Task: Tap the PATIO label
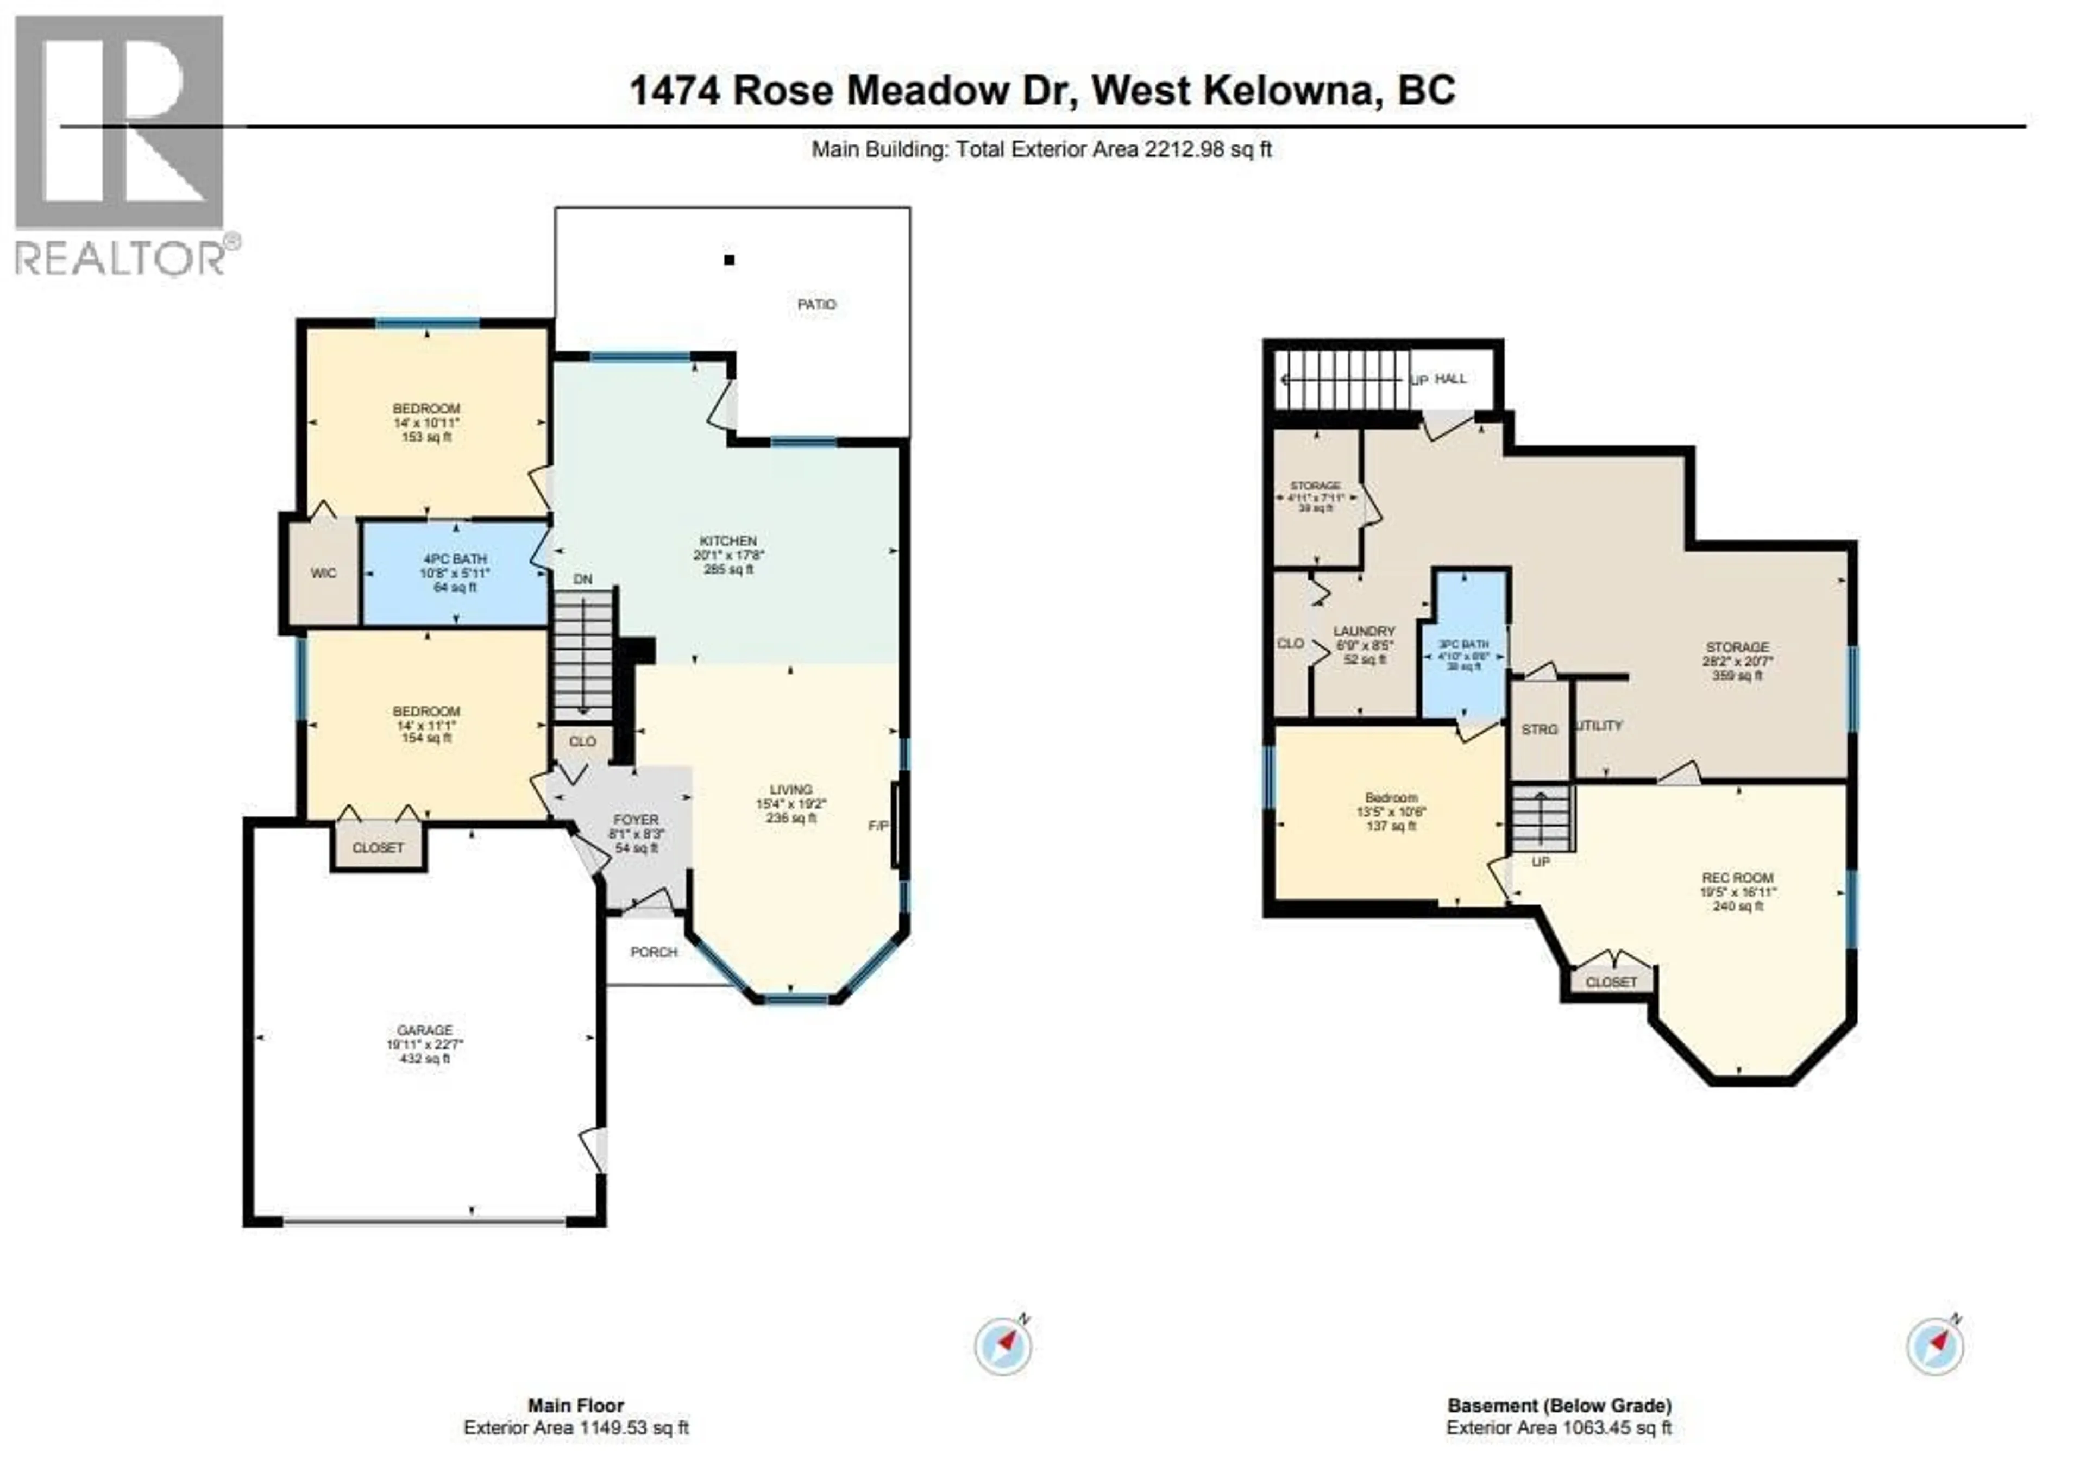click(816, 304)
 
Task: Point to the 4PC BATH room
click(454, 572)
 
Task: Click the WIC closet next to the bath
click(323, 573)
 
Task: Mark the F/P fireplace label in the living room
click(878, 826)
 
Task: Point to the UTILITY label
click(1601, 726)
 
